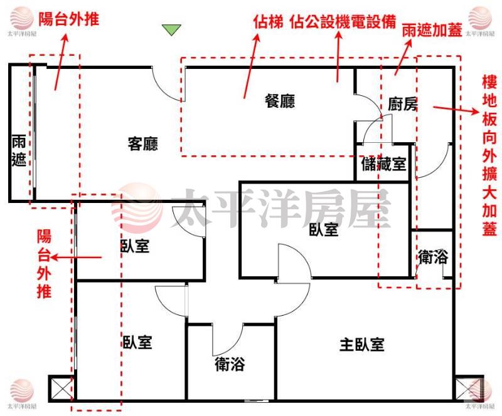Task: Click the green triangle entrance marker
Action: pyautogui.click(x=171, y=29)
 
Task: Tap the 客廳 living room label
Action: pyautogui.click(x=143, y=144)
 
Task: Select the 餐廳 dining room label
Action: pyautogui.click(x=279, y=101)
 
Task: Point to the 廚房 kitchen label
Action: pyautogui.click(x=403, y=104)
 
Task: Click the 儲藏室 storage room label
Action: pyautogui.click(x=383, y=164)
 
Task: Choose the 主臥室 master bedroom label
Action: pyautogui.click(x=362, y=345)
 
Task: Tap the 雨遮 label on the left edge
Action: pyautogui.click(x=19, y=150)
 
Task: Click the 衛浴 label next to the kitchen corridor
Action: pyautogui.click(x=433, y=257)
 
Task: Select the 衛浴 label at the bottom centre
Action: pyautogui.click(x=230, y=364)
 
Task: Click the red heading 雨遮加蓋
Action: pyautogui.click(x=432, y=30)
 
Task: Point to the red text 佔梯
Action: pyautogui.click(x=268, y=22)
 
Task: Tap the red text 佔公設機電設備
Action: pyautogui.click(x=343, y=22)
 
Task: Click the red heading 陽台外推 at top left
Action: pyautogui.click(x=69, y=19)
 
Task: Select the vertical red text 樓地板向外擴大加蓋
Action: pyautogui.click(x=489, y=156)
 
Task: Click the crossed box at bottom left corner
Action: pyautogui.click(x=61, y=388)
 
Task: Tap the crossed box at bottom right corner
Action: pyautogui.click(x=469, y=388)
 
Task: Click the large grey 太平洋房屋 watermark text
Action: pyautogui.click(x=280, y=208)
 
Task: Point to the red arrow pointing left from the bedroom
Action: pyautogui.click(x=76, y=257)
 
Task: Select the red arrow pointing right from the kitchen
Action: pyautogui.click(x=456, y=110)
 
